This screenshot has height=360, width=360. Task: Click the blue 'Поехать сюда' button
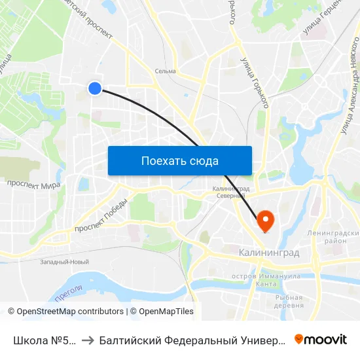pos(179,160)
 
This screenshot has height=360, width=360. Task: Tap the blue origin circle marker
pos(95,88)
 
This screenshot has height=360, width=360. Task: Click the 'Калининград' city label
pos(268,252)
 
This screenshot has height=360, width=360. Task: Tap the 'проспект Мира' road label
pos(33,185)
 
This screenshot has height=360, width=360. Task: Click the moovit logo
pos(320,339)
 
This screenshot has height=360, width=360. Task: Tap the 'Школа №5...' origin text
pos(44,340)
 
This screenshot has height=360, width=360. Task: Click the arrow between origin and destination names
pos(87,340)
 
